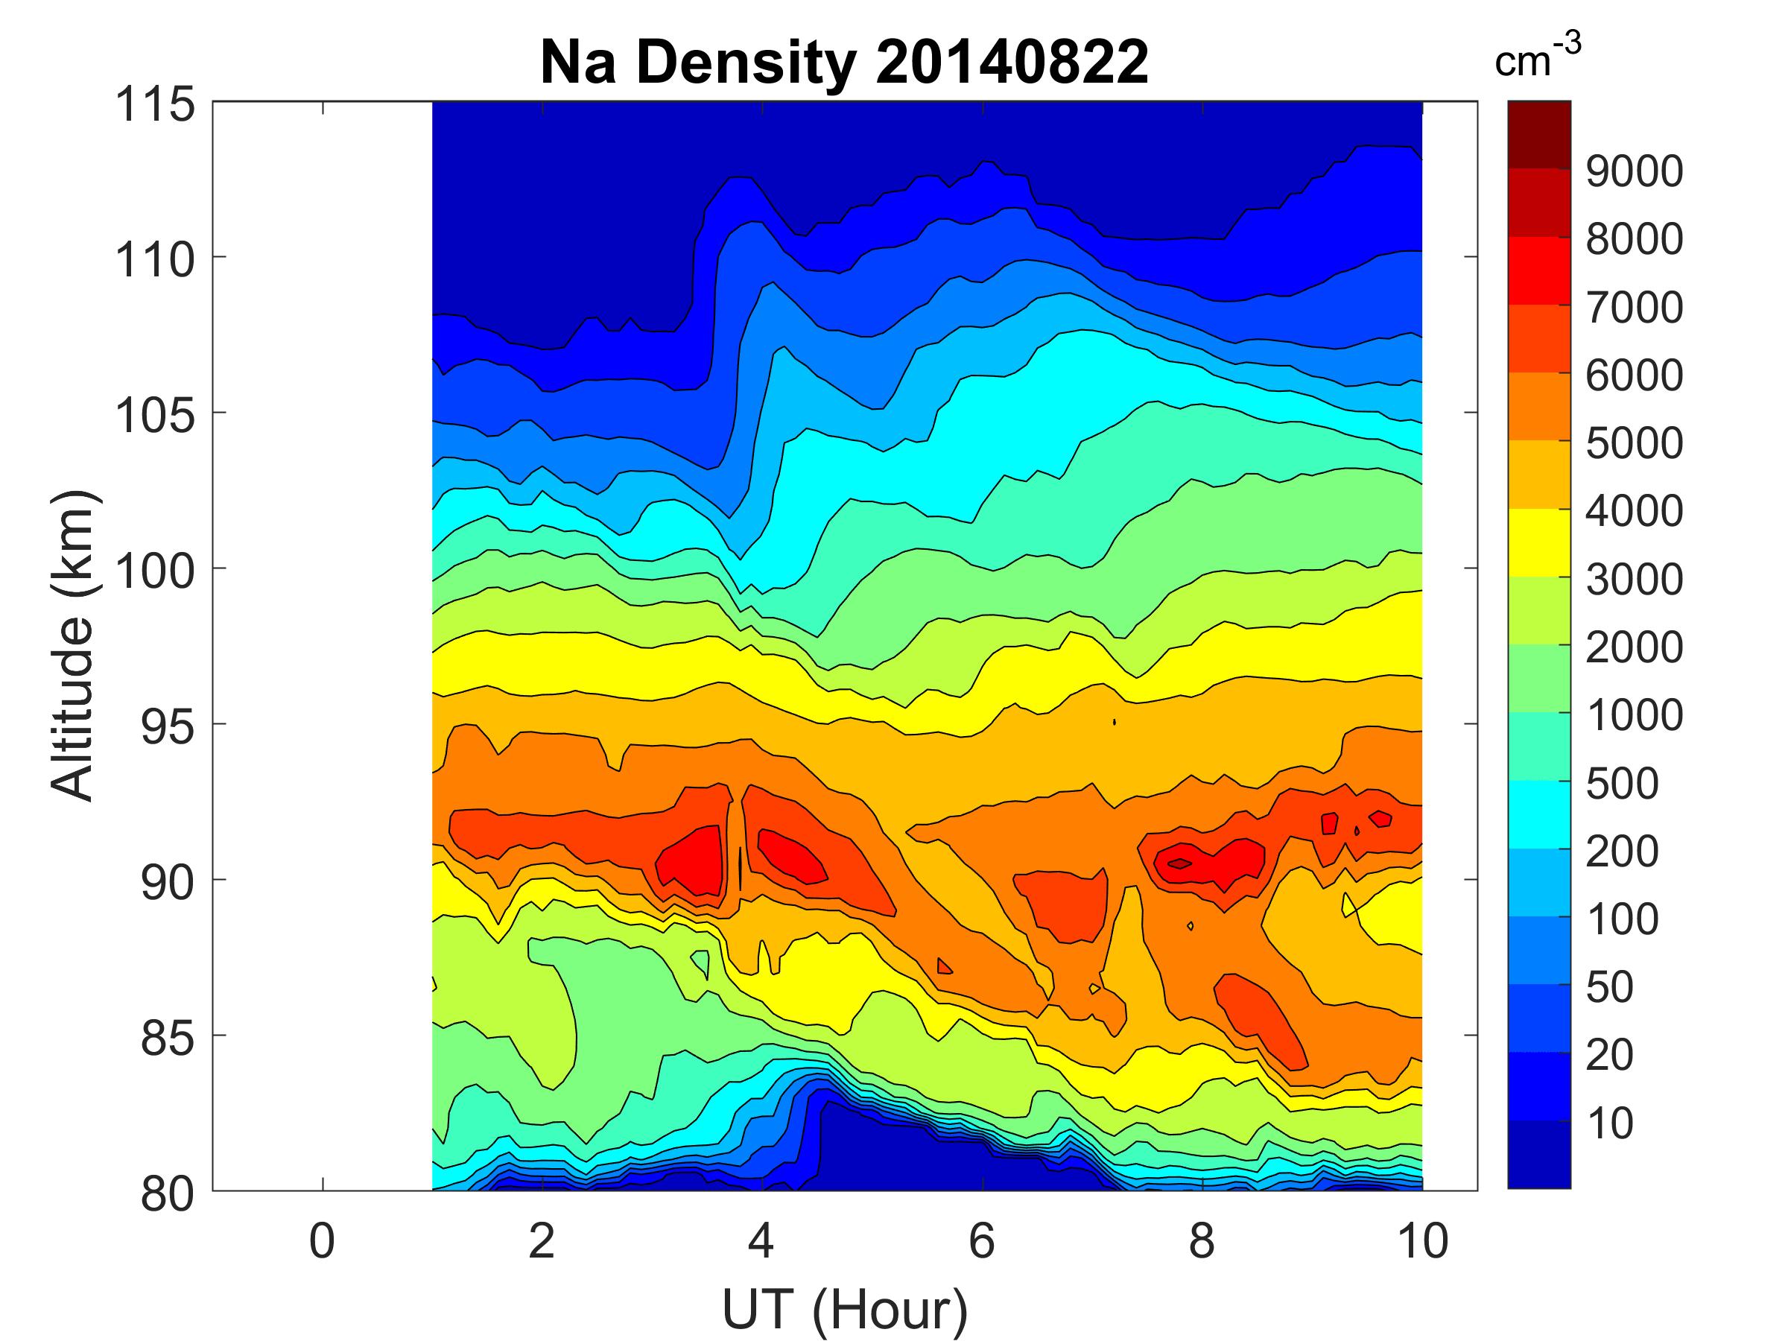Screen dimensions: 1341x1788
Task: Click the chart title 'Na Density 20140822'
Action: pyautogui.click(x=844, y=63)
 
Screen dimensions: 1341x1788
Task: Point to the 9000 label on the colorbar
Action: pyautogui.click(x=1634, y=171)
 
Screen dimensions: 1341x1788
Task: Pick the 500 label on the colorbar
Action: pyautogui.click(x=1621, y=783)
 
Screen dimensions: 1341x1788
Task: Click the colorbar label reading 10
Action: pyautogui.click(x=1609, y=1123)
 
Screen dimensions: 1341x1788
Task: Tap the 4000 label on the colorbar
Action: pyautogui.click(x=1634, y=511)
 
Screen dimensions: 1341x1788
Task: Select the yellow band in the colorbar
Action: pyautogui.click(x=1538, y=542)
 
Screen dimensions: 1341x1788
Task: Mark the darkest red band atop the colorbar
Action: pyautogui.click(x=1538, y=134)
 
